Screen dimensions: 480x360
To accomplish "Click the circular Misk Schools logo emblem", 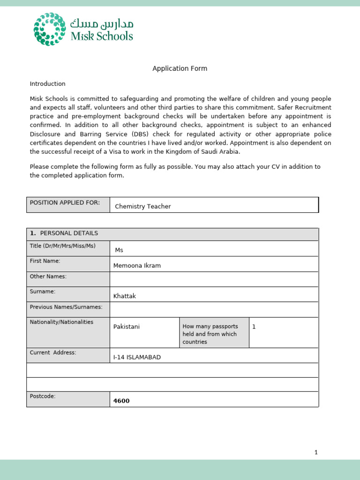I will click(x=49, y=29).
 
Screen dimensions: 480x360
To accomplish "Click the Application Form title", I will click(x=180, y=68).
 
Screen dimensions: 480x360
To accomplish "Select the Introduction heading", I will click(x=47, y=84).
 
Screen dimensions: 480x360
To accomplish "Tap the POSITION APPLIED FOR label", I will click(x=65, y=202).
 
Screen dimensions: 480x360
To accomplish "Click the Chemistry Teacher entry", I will click(x=143, y=206).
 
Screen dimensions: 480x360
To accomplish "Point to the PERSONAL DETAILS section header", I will click(x=69, y=233).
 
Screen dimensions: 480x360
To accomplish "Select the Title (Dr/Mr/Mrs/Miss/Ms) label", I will click(x=62, y=246).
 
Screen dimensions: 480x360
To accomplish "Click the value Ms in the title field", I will click(x=119, y=250).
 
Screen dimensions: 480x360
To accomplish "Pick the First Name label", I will click(x=45, y=261).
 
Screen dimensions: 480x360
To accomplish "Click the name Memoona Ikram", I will click(x=137, y=265).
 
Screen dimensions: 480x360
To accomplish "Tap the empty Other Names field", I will click(x=214, y=279).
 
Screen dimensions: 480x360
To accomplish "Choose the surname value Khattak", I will click(x=124, y=296).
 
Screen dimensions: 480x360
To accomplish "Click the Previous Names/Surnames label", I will click(x=66, y=307).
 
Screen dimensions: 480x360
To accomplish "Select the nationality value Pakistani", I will click(x=127, y=326).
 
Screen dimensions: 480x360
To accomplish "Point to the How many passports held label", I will click(x=210, y=334).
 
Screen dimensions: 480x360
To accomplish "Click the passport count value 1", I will click(x=254, y=326).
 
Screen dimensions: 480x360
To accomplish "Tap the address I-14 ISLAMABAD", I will click(x=137, y=357).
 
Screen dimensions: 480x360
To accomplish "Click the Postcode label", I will click(x=43, y=396).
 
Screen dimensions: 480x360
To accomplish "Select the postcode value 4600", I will click(x=121, y=401).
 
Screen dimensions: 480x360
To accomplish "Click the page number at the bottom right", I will click(x=316, y=452).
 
